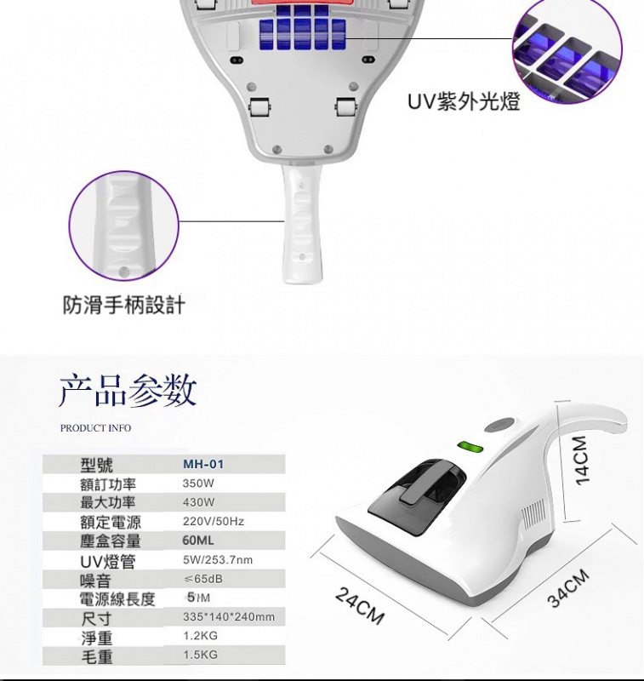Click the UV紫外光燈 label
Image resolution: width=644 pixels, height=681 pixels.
pos(463,102)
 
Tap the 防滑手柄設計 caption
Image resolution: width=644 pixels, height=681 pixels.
pos(123,305)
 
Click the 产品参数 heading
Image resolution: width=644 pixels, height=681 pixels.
pos(128,390)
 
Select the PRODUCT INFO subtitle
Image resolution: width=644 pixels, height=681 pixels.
pos(95,428)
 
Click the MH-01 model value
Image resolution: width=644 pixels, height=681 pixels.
pos(203,464)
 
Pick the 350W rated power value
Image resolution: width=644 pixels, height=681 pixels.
pos(198,483)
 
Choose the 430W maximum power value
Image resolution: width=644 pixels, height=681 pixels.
pos(198,502)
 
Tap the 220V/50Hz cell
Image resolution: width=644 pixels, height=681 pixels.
pos(213,521)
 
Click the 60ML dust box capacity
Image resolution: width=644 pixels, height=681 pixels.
pos(198,541)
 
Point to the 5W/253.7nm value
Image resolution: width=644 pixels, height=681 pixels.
pos(217,560)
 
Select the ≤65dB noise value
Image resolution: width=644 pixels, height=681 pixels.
pos(202,579)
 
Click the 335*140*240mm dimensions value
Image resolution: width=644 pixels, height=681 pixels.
pos(228,616)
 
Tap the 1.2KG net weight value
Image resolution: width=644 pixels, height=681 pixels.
pos(200,636)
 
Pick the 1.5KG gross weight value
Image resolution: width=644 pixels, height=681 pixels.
pos(200,655)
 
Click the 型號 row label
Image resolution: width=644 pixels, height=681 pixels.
pos(96,464)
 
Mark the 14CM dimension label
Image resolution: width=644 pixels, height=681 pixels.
pos(582,460)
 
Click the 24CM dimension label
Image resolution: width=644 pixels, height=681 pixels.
pos(358,604)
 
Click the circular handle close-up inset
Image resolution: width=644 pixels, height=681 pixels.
pos(123,226)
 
